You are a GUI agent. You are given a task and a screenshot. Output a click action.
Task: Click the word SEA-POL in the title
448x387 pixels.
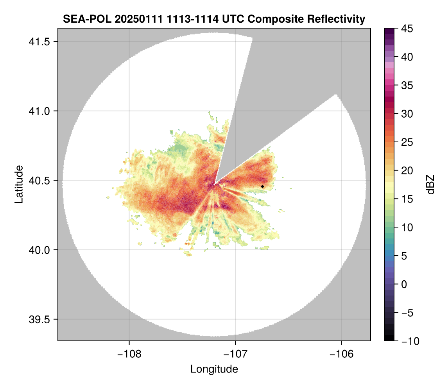click(80, 19)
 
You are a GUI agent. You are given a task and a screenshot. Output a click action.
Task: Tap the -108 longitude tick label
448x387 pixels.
click(129, 354)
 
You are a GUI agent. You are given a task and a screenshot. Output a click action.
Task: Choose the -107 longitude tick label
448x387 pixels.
click(235, 354)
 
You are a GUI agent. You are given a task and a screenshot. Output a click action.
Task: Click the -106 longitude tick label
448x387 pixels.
click(342, 354)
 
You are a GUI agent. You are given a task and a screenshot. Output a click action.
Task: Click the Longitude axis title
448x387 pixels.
click(214, 369)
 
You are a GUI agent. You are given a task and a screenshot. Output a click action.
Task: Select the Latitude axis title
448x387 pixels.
click(19, 184)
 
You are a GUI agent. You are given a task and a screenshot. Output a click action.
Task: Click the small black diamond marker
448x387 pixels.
click(262, 186)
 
